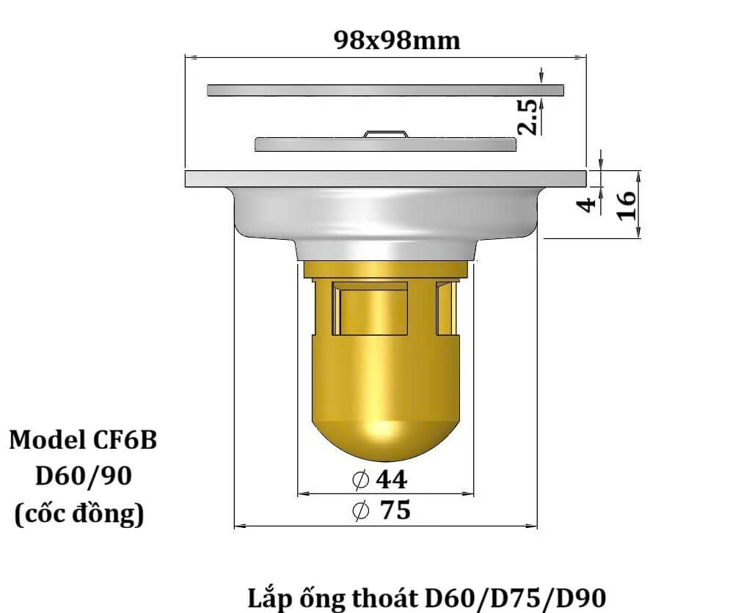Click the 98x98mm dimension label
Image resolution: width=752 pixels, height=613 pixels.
pos(397,40)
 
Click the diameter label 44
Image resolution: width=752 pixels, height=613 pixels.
pos(391,480)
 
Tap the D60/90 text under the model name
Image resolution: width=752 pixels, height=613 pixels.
pos(84,477)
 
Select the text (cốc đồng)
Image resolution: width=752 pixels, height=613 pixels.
pos(79,514)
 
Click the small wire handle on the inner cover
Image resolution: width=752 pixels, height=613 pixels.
pos(386,133)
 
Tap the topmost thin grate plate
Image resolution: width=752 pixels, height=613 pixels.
pos(385,90)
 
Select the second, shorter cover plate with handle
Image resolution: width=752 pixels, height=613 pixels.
pos(385,144)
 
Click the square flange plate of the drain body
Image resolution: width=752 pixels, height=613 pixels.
pos(385,178)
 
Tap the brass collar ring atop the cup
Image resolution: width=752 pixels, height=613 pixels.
pos(385,269)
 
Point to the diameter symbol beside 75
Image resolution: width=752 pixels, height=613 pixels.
pos(361,511)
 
